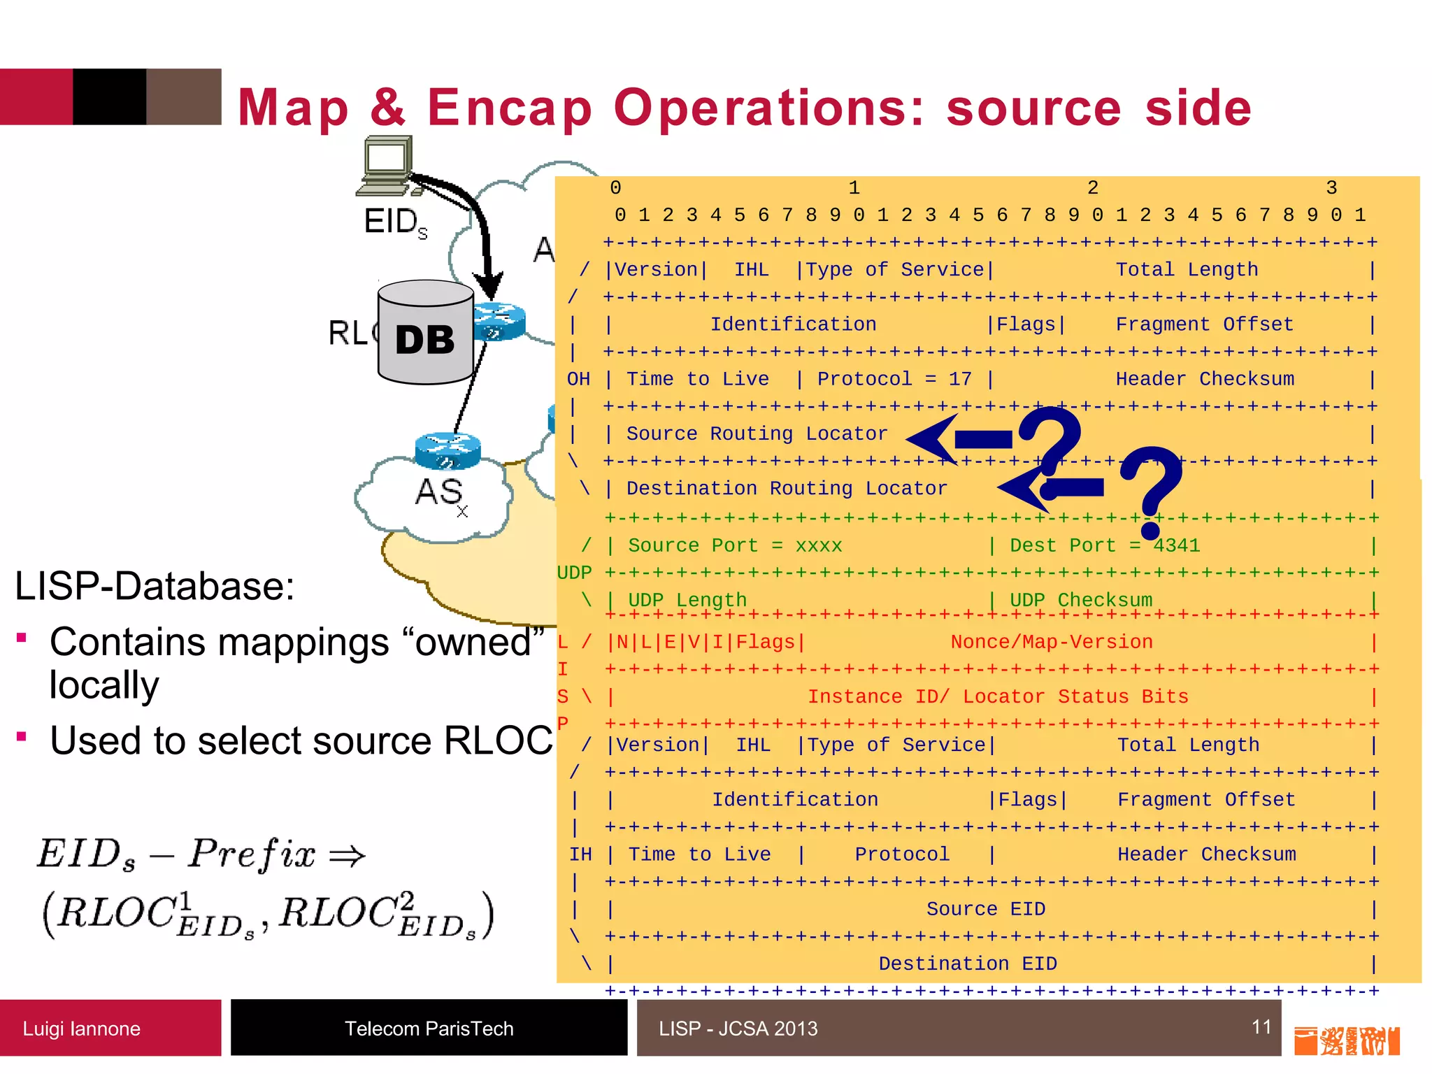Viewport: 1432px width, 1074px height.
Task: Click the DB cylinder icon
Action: pyautogui.click(x=425, y=333)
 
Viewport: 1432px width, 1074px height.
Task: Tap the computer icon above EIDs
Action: pyautogui.click(x=387, y=165)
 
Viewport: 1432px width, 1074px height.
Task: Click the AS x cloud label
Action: pyautogui.click(x=441, y=492)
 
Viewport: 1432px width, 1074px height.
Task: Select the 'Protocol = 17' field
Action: pyautogui.click(x=894, y=379)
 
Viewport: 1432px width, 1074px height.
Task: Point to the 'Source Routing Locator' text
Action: pyautogui.click(x=757, y=434)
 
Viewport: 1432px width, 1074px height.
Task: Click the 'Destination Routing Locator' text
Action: pyautogui.click(x=787, y=488)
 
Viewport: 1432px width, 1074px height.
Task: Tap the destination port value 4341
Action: pyautogui.click(x=1176, y=545)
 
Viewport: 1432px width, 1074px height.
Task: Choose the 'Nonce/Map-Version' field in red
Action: pyautogui.click(x=1051, y=642)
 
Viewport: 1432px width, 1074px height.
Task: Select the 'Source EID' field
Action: pyautogui.click(x=986, y=909)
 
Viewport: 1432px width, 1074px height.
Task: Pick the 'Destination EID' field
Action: pyautogui.click(x=968, y=964)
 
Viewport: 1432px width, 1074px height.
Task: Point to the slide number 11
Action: pyautogui.click(x=1261, y=1026)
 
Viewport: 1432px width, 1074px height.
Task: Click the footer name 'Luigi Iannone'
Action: pyautogui.click(x=81, y=1029)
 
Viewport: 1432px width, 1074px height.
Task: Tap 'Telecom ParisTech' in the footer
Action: pyautogui.click(x=429, y=1029)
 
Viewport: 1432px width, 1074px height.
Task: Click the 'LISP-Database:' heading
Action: pyautogui.click(x=155, y=586)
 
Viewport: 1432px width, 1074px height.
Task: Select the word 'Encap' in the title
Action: pyautogui.click(x=510, y=108)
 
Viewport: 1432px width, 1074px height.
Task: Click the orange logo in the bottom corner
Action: pyautogui.click(x=1347, y=1040)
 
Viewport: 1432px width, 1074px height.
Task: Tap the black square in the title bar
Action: pyautogui.click(x=110, y=96)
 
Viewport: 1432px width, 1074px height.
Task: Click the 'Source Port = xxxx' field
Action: pyautogui.click(x=735, y=545)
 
